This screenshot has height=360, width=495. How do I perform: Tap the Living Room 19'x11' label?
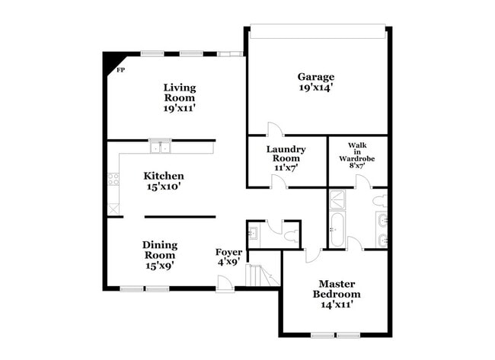click(x=180, y=97)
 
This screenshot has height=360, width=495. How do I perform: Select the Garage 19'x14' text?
click(x=316, y=82)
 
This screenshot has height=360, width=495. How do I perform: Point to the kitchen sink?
click(x=160, y=147)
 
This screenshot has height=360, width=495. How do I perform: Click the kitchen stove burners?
click(x=113, y=180)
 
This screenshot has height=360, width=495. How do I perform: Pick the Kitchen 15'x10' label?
click(x=164, y=180)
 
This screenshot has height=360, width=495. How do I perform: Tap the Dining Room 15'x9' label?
click(x=160, y=255)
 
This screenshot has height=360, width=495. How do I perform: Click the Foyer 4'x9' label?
click(x=228, y=256)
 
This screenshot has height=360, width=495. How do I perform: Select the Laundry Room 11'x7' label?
click(x=286, y=158)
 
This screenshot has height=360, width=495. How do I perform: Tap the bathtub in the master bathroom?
click(x=337, y=231)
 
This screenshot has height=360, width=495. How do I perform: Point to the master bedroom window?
click(x=336, y=334)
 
